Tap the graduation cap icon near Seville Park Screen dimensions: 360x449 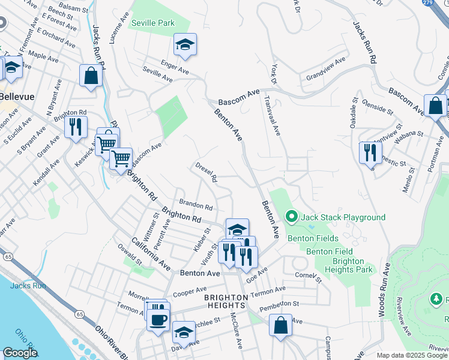185,44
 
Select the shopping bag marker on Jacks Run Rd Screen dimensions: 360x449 91,76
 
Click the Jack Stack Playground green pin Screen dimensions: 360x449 291,216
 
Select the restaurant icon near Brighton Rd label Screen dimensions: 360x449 76,127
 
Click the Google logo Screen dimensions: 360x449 20,353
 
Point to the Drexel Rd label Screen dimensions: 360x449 205,172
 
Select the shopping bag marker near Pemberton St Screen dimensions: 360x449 280,325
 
